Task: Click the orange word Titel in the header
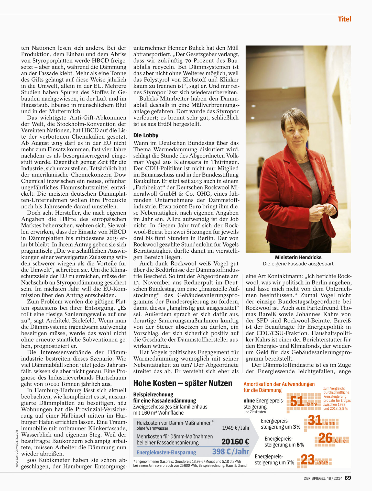coord(344,19)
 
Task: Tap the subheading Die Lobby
coord(146,135)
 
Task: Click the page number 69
coord(348,478)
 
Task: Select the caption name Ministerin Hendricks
coord(298,257)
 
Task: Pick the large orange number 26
coord(325,438)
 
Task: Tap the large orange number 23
coord(308,460)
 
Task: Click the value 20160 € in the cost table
coord(235,442)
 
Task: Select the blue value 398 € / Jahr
coord(231,452)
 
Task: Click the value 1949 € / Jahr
coord(236,428)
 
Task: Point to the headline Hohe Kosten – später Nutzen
coord(183,383)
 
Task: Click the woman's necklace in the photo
coord(301,158)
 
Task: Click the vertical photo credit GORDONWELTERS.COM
coord(17,449)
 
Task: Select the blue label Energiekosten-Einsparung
coord(166,452)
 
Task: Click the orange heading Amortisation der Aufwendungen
coord(279,384)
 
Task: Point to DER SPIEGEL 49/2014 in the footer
coord(323,478)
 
